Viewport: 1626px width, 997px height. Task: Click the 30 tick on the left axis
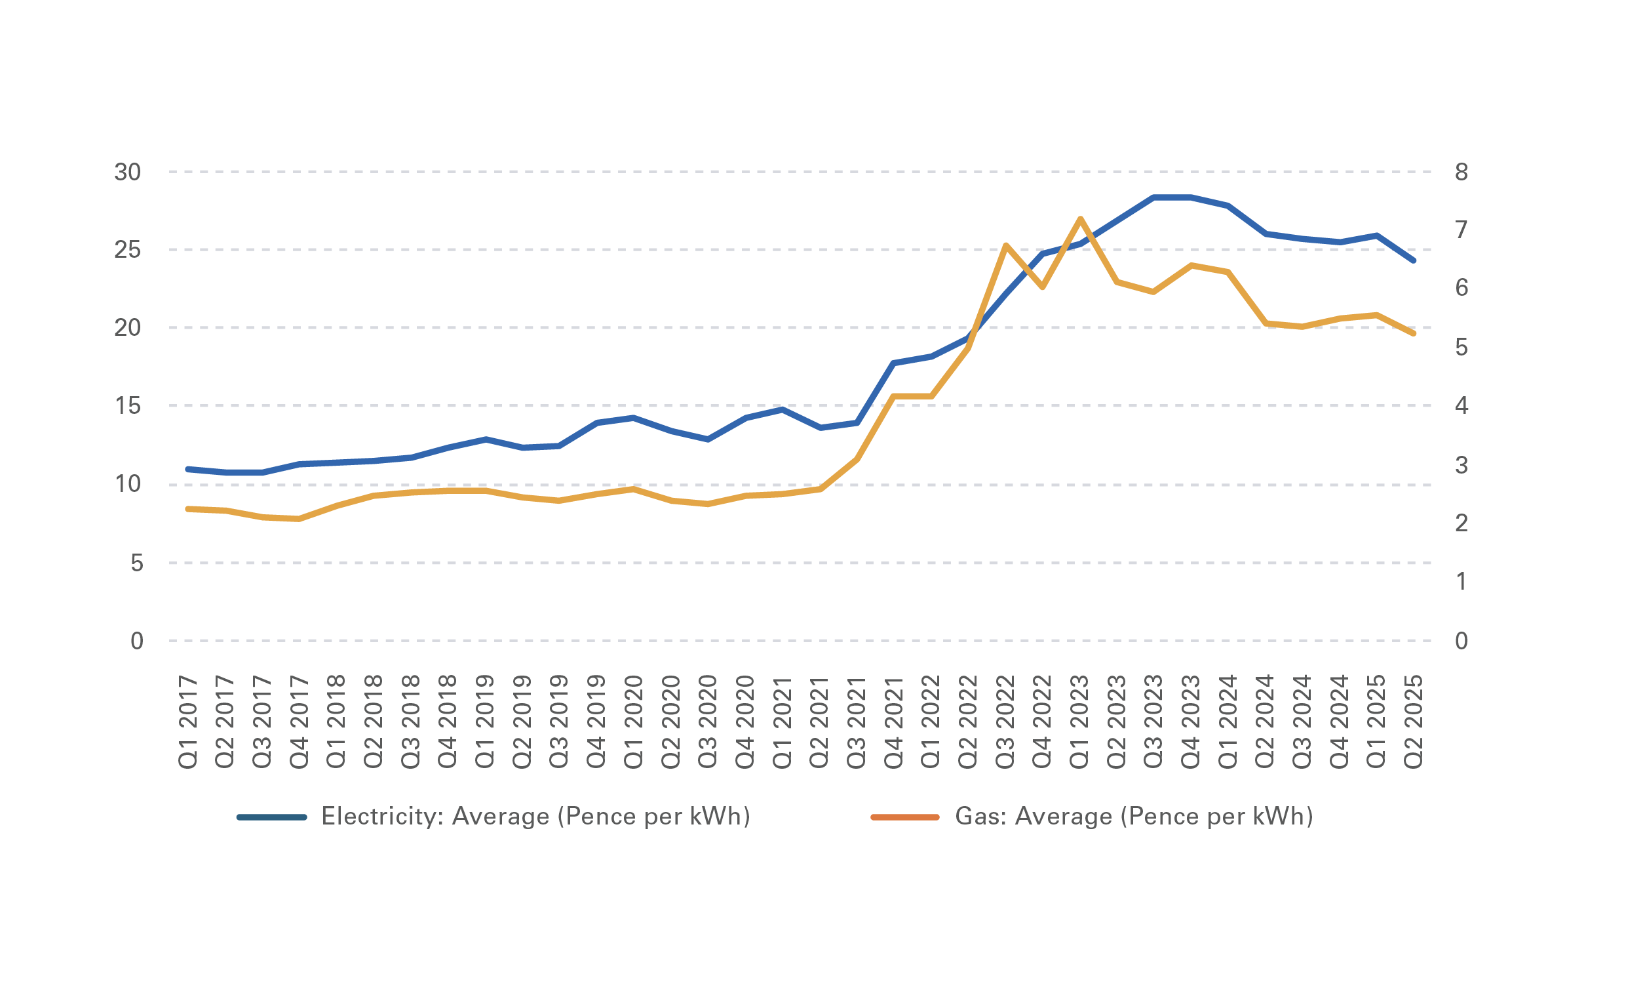click(127, 173)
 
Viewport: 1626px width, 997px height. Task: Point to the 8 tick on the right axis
click(1461, 173)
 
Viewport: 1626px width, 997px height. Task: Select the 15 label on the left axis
click(127, 406)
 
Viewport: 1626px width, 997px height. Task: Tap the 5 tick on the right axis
click(1461, 347)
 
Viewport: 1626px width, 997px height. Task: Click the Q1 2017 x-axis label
click(188, 722)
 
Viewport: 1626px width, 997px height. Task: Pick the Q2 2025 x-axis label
click(1413, 722)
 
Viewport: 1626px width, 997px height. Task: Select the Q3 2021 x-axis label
click(857, 722)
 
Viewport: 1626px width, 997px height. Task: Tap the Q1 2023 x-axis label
click(1079, 722)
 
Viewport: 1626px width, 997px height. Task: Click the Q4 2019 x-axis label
click(596, 722)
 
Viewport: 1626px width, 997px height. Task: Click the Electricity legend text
click(536, 817)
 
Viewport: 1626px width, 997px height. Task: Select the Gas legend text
click(1134, 817)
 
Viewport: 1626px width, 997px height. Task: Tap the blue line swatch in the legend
click(272, 817)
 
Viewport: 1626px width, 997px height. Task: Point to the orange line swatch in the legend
click(904, 817)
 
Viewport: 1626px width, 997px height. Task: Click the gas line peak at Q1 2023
click(1079, 218)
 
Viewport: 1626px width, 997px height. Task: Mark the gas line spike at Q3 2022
click(1005, 245)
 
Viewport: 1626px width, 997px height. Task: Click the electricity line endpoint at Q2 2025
click(1413, 261)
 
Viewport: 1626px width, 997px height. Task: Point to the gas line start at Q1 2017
click(188, 509)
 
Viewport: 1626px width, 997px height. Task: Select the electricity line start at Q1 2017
click(188, 470)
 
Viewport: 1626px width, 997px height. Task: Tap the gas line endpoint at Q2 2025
click(1413, 334)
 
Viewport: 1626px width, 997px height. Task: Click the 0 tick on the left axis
click(136, 641)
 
